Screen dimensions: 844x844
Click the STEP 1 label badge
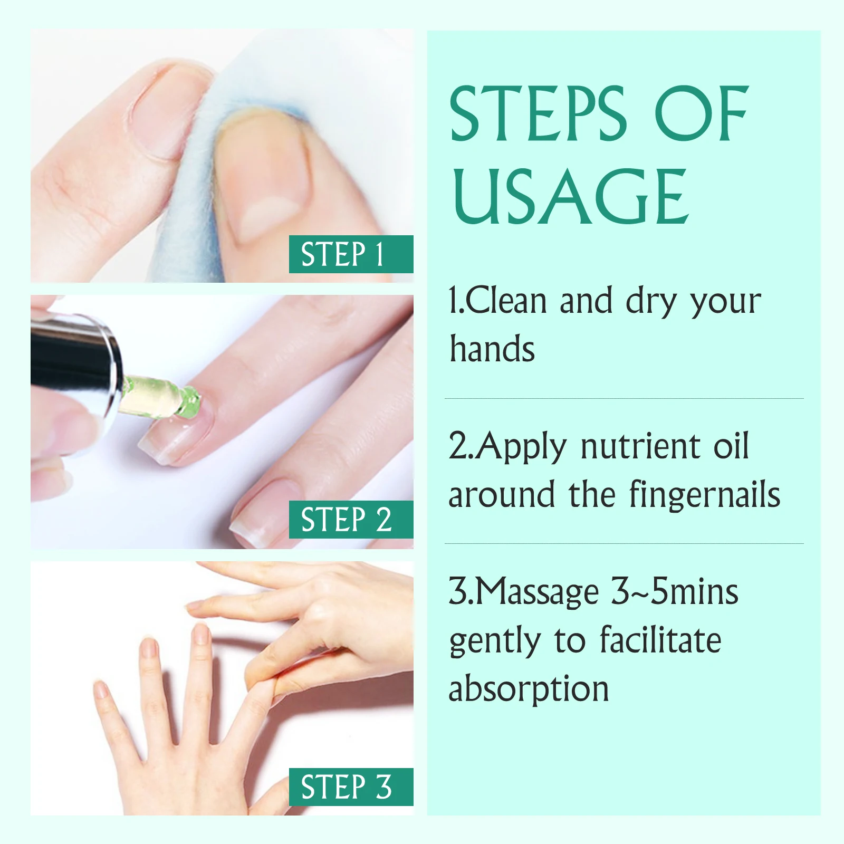point(351,254)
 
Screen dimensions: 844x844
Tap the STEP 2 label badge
point(351,520)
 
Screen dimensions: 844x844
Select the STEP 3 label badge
point(351,787)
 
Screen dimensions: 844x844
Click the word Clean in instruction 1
point(506,301)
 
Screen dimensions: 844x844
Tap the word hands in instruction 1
point(492,349)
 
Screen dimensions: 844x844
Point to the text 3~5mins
point(675,592)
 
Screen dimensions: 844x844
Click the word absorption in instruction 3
point(529,689)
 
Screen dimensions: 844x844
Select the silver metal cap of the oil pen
point(76,371)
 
